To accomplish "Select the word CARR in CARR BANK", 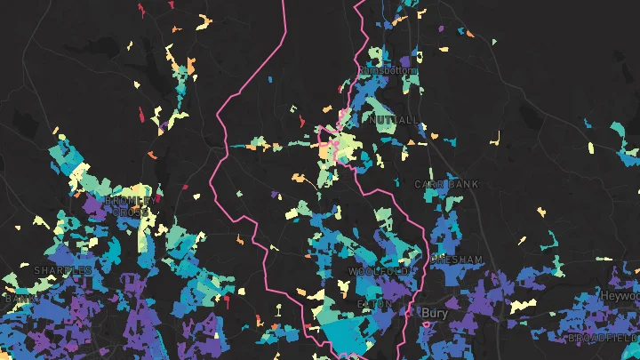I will pyautogui.click(x=430, y=184).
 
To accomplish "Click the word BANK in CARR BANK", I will pyautogui.click(x=463, y=184).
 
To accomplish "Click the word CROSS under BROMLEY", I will pyautogui.click(x=131, y=212).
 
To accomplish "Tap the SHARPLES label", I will pyautogui.click(x=62, y=269).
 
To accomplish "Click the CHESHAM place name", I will pyautogui.click(x=456, y=260).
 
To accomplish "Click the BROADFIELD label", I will pyautogui.click(x=602, y=338).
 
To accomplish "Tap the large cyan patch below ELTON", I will pyautogui.click(x=349, y=332).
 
